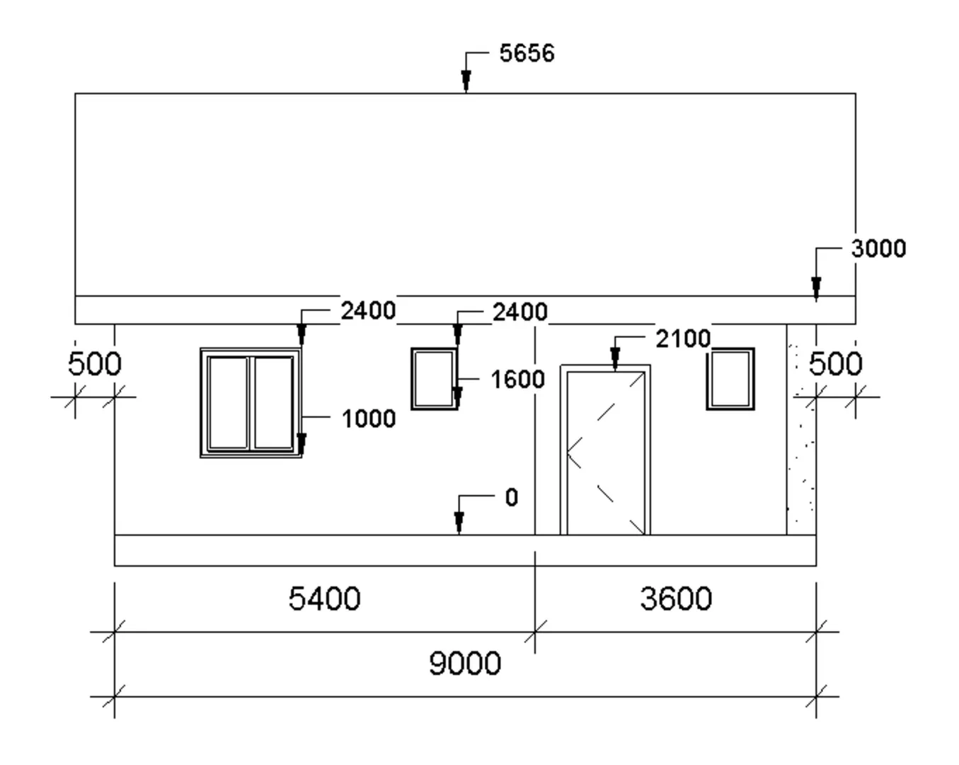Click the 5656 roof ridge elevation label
[527, 53]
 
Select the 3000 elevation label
[878, 249]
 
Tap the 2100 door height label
[683, 339]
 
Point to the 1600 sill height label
[517, 380]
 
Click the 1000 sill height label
[369, 419]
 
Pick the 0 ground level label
[512, 497]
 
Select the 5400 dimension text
[324, 599]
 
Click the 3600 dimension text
[676, 599]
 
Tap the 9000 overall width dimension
[465, 663]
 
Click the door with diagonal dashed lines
[605, 450]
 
